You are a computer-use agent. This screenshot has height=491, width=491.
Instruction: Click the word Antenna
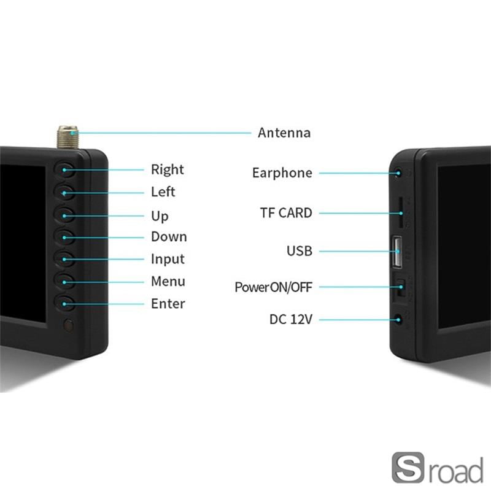tap(284, 133)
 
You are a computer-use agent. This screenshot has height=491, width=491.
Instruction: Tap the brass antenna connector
tap(66, 136)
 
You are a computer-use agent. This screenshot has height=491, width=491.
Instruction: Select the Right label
tap(167, 169)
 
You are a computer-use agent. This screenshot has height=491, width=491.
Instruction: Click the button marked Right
tap(66, 170)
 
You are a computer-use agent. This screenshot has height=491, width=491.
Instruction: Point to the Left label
tap(163, 191)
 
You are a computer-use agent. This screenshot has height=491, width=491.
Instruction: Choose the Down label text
tap(169, 237)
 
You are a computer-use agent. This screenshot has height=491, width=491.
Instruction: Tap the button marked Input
tap(66, 258)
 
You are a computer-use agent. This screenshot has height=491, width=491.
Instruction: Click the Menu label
tap(168, 282)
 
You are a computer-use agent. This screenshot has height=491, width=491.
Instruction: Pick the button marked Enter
tap(66, 303)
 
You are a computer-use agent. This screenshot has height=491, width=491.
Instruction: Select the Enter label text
tap(168, 304)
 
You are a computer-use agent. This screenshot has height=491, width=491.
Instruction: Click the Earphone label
tap(282, 173)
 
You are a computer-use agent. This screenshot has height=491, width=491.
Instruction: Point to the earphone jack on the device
tap(400, 174)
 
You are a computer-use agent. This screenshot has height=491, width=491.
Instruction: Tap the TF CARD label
tap(285, 214)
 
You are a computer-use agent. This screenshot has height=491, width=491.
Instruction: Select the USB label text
tap(299, 251)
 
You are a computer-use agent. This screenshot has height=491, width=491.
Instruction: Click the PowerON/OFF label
tap(273, 287)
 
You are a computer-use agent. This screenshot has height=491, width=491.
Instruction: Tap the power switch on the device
tap(400, 287)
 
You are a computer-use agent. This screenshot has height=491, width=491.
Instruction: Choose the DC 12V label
tap(290, 320)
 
